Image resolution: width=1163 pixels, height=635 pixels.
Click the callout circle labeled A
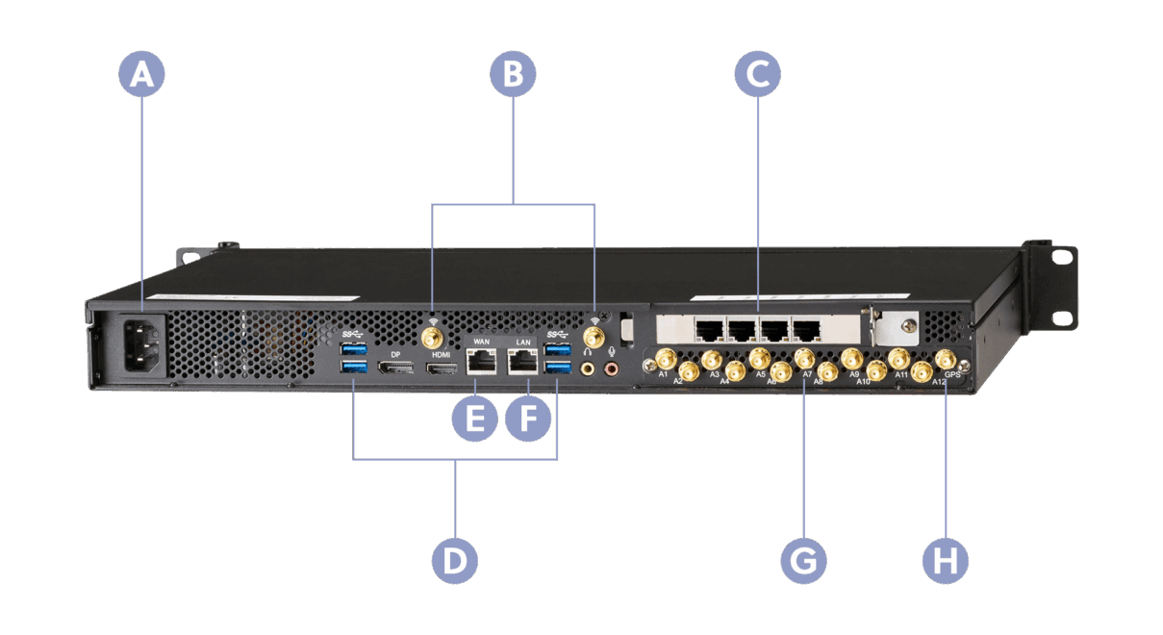pyautogui.click(x=142, y=73)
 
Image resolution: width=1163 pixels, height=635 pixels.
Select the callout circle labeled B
pyautogui.click(x=513, y=73)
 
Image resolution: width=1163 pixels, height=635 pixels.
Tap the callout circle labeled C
pyautogui.click(x=757, y=73)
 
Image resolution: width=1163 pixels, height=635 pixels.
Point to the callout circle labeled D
pyautogui.click(x=455, y=560)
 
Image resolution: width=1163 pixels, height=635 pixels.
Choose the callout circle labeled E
pyautogui.click(x=475, y=419)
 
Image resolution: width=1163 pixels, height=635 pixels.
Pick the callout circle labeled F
pyautogui.click(x=528, y=419)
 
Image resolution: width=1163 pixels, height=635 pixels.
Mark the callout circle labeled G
pyautogui.click(x=804, y=560)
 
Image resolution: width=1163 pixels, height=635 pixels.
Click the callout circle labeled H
pyautogui.click(x=946, y=560)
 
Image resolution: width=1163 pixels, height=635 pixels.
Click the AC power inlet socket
pyautogui.click(x=141, y=341)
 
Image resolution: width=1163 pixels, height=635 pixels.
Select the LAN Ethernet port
pyautogui.click(x=523, y=362)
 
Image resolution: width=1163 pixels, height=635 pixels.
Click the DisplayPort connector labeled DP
pyautogui.click(x=394, y=369)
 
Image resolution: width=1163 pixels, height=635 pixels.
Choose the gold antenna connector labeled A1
pyautogui.click(x=663, y=360)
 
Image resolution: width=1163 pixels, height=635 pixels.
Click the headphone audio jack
pyautogui.click(x=587, y=368)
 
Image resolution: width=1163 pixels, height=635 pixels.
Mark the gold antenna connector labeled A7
pyautogui.click(x=804, y=360)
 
